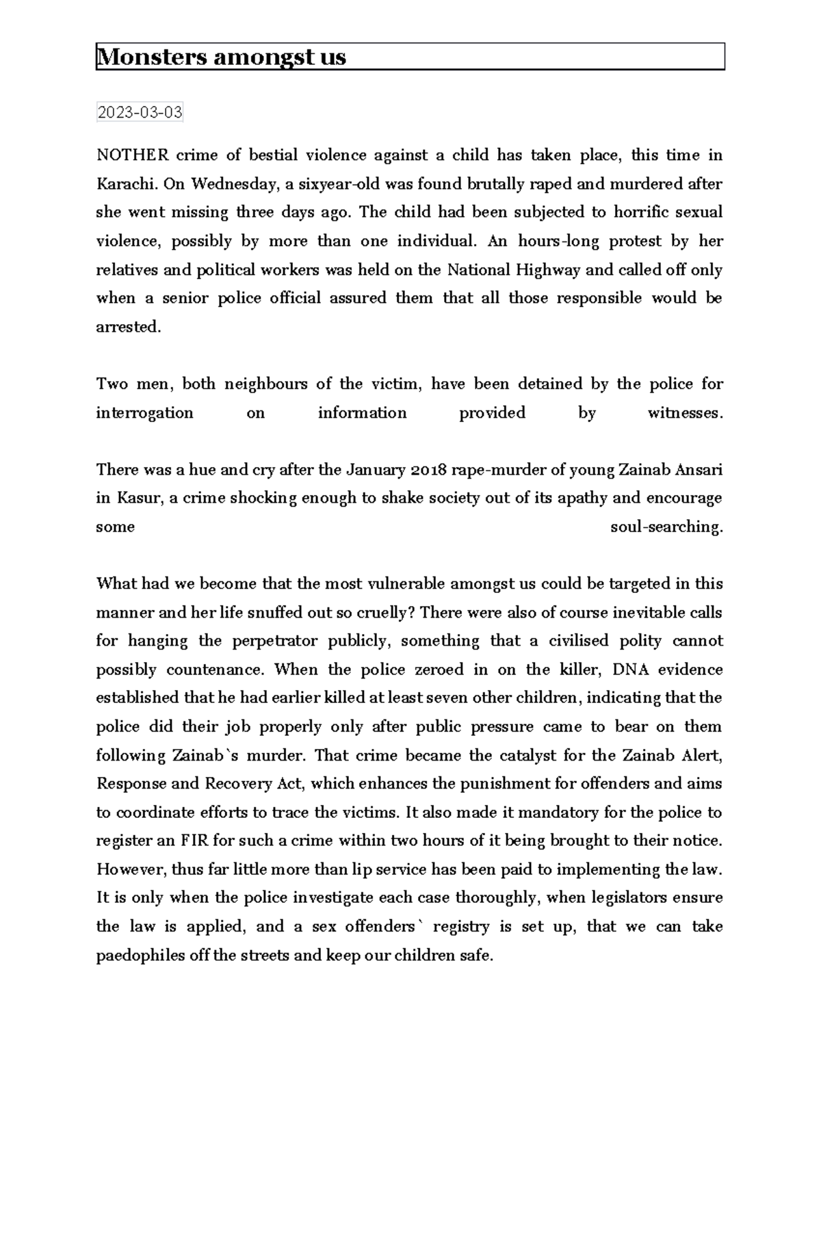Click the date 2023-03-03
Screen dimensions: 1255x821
coord(140,112)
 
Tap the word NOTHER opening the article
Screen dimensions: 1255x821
coord(132,155)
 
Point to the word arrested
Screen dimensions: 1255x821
coord(129,327)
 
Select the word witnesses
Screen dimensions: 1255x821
coord(685,413)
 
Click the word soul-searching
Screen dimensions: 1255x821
coord(666,527)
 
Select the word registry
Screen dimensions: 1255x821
coord(461,927)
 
